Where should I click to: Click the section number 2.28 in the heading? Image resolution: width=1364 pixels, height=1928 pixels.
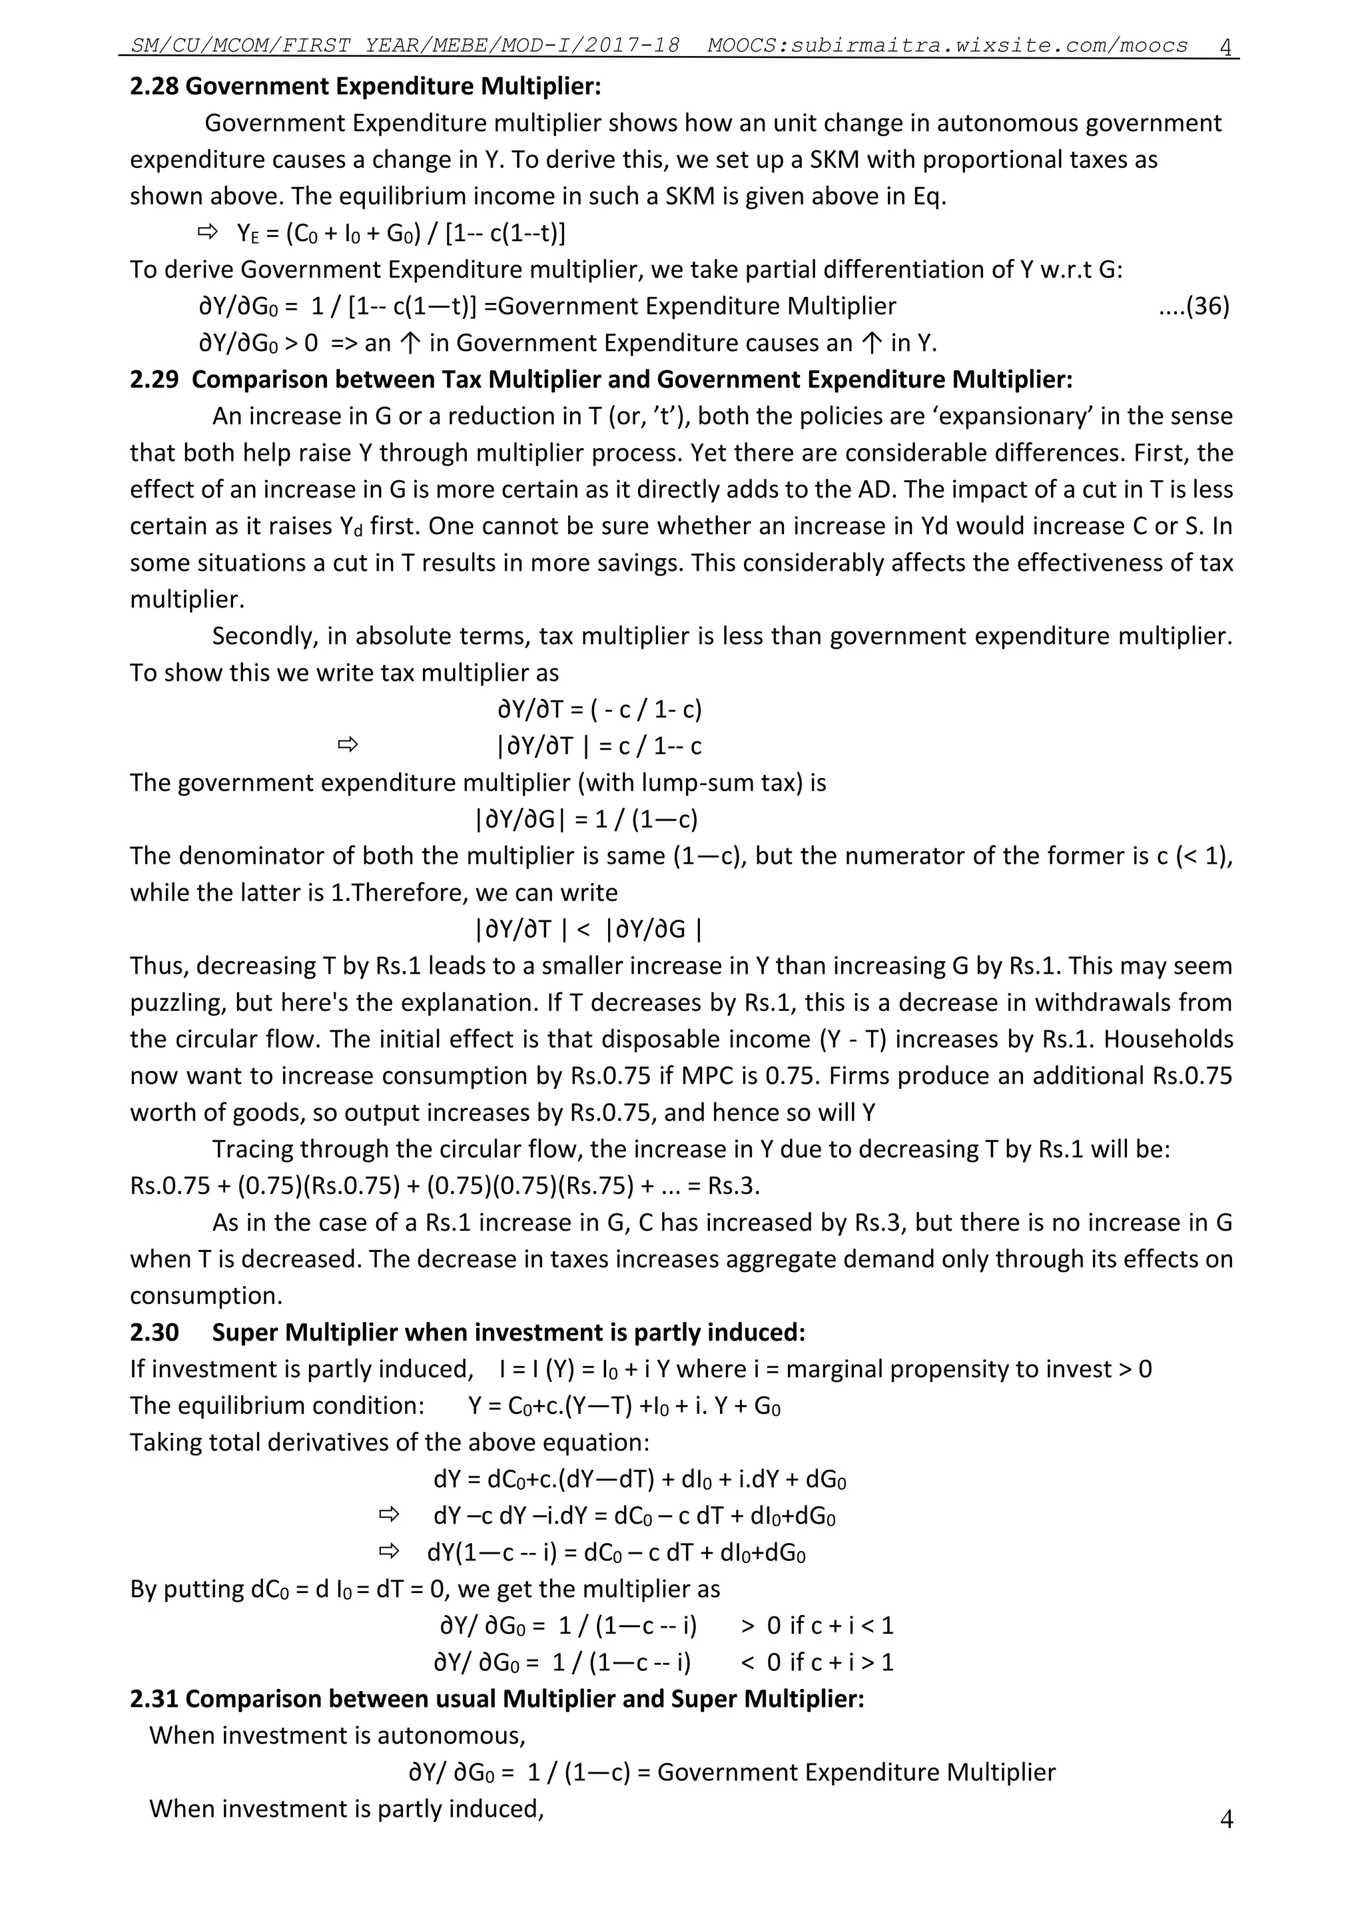click(x=154, y=87)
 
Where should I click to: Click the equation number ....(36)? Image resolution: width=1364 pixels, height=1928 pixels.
click(x=1193, y=306)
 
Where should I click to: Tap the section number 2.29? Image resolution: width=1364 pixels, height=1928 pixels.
click(x=154, y=380)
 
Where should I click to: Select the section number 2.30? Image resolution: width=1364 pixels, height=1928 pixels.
click(x=154, y=1333)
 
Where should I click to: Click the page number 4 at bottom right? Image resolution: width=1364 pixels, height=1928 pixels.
click(x=1225, y=1819)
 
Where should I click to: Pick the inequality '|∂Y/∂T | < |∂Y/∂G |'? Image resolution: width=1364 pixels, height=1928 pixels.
click(x=589, y=929)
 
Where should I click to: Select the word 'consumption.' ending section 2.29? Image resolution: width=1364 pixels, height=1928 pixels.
click(x=206, y=1296)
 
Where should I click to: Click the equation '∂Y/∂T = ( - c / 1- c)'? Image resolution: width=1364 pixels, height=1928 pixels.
click(x=599, y=709)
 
